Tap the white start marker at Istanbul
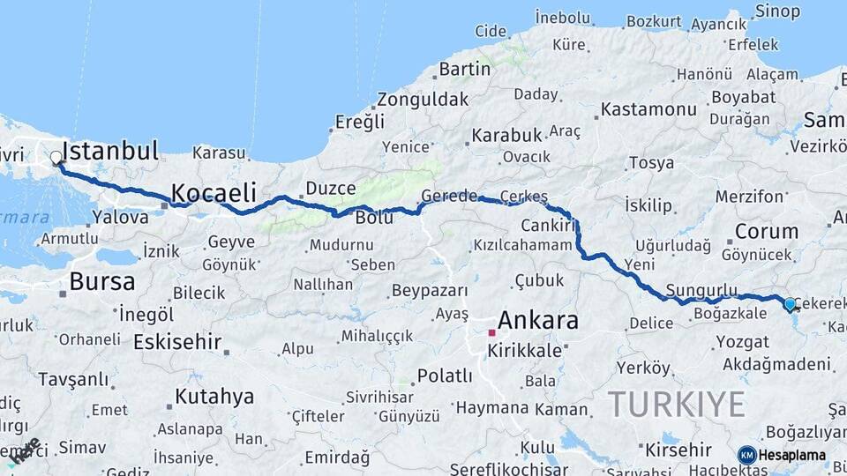coord(56,159)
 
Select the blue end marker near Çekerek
coord(790,304)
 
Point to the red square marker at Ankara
coord(491,334)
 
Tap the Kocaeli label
coord(214,193)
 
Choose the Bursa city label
coord(102,282)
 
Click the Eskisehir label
coord(176,341)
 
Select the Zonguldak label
coord(423,100)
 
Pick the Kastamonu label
coord(648,110)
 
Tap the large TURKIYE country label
coord(677,404)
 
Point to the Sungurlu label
coord(701,290)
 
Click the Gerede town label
coord(449,195)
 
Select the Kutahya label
coord(214,397)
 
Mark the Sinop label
coord(777,11)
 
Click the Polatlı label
coord(445,376)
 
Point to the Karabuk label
coord(506,136)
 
